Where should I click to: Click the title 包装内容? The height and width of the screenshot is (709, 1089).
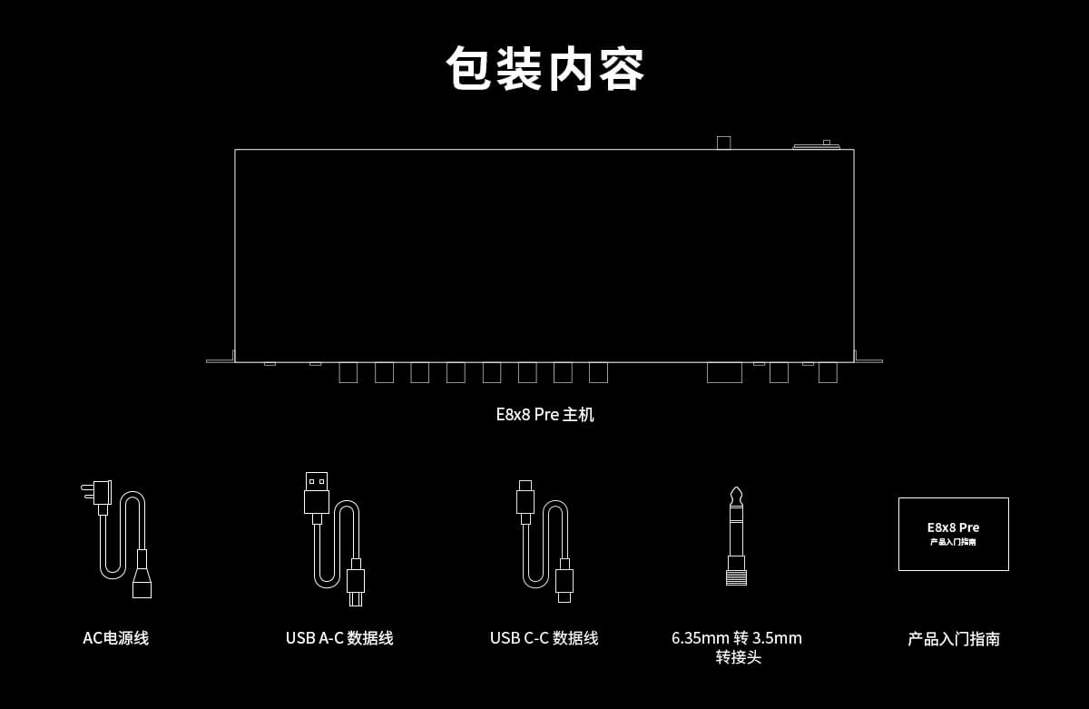click(544, 69)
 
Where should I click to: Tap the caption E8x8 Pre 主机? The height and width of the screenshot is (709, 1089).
click(544, 415)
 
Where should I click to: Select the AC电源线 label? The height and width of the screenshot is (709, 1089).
click(116, 638)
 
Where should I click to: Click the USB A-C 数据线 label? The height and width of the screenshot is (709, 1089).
click(339, 638)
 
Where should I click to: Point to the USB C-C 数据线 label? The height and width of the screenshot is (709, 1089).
click(544, 638)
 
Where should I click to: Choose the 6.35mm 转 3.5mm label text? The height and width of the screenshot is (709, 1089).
click(737, 638)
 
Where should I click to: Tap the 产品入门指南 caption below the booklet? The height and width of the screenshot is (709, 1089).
click(954, 639)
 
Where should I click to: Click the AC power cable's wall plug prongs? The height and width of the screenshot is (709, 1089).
click(87, 491)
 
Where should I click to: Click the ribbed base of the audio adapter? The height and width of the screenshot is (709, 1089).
click(736, 577)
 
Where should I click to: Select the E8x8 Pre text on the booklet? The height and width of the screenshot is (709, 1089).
click(953, 527)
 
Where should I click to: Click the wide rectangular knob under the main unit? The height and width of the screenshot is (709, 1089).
click(724, 372)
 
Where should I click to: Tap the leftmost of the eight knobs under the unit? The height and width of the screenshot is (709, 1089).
click(348, 373)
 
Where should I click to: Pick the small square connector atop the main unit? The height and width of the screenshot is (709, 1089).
click(723, 143)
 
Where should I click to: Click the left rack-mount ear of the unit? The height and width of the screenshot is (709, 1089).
click(221, 360)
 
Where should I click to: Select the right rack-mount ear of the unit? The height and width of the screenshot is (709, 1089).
click(868, 360)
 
